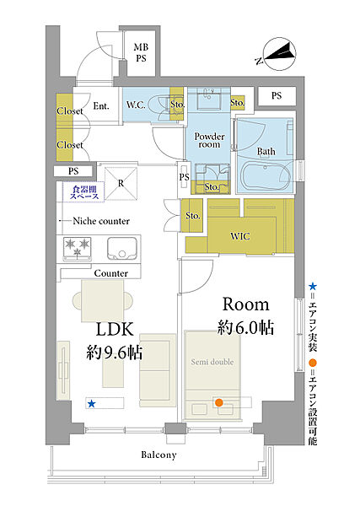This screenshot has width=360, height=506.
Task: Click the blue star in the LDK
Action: [92, 403]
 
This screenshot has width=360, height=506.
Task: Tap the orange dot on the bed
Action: [219, 402]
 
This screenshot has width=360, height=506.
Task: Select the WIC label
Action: [240, 236]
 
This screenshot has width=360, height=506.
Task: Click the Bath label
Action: [266, 151]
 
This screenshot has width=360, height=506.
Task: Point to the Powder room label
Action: [209, 140]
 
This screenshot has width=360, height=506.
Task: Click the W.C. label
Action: [136, 105]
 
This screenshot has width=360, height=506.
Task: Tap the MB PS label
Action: [141, 52]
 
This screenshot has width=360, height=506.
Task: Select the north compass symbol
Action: [277, 54]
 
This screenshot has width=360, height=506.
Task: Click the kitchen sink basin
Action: [122, 249]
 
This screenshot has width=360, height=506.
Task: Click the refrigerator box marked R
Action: [121, 184]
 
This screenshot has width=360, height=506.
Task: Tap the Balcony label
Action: [159, 455]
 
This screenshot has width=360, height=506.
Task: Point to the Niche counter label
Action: [101, 221]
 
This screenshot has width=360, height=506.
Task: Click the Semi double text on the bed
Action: [212, 362]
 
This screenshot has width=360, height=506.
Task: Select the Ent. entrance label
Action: [101, 106]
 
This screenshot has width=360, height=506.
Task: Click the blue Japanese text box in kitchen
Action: [83, 192]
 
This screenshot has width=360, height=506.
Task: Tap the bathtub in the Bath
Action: [266, 176]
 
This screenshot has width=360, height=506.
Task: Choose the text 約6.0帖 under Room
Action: [245, 328]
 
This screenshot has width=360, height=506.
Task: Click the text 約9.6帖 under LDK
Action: [115, 353]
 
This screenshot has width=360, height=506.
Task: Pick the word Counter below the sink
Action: [111, 273]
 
